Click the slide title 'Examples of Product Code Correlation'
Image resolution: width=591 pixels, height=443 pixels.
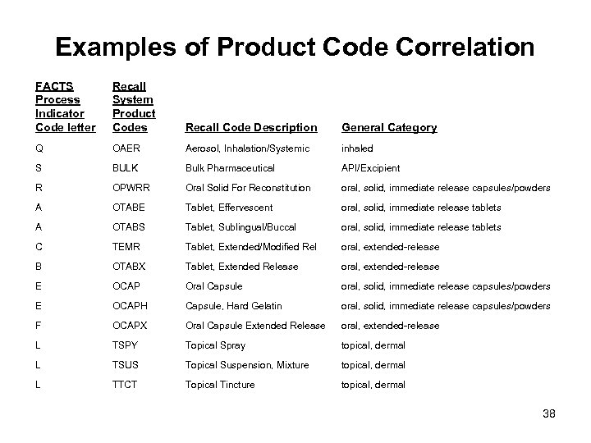[295, 48]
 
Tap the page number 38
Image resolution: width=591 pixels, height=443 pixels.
[549, 414]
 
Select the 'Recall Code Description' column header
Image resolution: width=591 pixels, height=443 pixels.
[251, 128]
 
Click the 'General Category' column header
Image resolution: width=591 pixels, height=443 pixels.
[389, 128]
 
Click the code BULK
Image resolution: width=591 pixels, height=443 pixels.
[125, 168]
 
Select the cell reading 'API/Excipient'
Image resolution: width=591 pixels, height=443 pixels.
[371, 168]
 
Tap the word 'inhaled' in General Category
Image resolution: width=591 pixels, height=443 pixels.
[357, 148]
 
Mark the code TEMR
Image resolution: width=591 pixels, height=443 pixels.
[126, 247]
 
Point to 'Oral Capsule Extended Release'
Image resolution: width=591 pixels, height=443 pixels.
[255, 326]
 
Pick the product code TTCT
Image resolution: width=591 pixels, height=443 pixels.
[125, 385]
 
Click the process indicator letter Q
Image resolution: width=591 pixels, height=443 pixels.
[40, 148]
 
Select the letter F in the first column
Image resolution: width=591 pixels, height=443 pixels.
[39, 326]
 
